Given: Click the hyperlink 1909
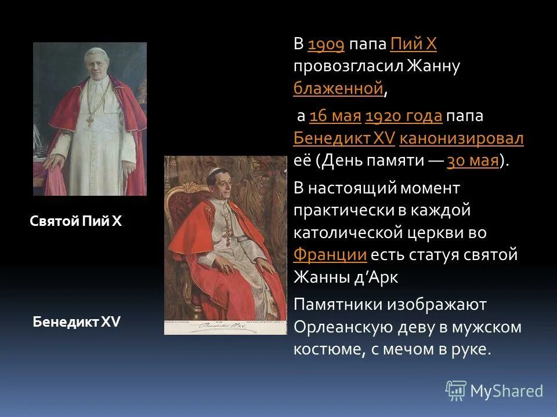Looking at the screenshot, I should (x=326, y=45).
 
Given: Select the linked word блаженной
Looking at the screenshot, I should (x=338, y=89).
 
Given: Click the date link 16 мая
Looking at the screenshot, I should (x=335, y=116).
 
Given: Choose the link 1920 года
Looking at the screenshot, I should (x=404, y=116).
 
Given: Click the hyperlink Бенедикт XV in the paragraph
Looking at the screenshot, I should (x=345, y=138).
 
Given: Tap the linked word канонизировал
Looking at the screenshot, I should (x=461, y=138).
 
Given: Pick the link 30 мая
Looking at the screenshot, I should (x=473, y=161).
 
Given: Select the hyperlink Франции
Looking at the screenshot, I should (x=330, y=254).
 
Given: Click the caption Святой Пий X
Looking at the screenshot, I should (x=75, y=222).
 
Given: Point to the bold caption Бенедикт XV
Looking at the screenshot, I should (x=77, y=322).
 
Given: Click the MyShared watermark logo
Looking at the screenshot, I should (x=494, y=391).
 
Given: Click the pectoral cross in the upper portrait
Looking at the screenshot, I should (x=90, y=120).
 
